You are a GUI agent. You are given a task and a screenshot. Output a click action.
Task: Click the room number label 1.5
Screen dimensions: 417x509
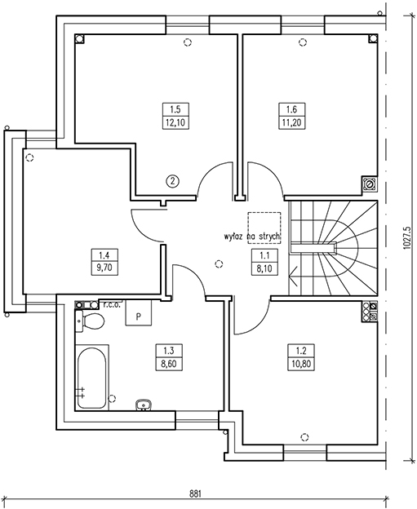pyautogui.click(x=175, y=109)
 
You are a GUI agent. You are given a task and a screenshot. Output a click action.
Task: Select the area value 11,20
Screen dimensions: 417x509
pyautogui.click(x=292, y=122)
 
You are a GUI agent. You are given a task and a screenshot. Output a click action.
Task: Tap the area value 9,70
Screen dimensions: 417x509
pyautogui.click(x=104, y=268)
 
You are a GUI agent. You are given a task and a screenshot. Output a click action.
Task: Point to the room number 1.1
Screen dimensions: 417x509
pyautogui.click(x=264, y=255)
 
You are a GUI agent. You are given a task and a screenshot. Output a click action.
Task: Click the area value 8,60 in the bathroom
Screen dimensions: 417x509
pyautogui.click(x=169, y=364)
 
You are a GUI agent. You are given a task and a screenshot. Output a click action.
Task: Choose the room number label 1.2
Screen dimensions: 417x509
pyautogui.click(x=301, y=351)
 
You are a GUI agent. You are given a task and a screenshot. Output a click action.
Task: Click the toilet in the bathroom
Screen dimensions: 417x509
pyautogui.click(x=90, y=321)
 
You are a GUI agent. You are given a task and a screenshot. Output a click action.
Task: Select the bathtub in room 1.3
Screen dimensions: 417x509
pyautogui.click(x=92, y=377)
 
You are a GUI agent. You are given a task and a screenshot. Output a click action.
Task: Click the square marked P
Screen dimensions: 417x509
pyautogui.click(x=139, y=313)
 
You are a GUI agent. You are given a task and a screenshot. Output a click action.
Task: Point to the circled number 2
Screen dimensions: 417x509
pyautogui.click(x=172, y=181)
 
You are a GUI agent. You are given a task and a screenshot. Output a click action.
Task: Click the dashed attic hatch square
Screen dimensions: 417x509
pyautogui.click(x=264, y=228)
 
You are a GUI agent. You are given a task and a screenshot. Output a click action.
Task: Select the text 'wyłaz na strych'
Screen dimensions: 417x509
pyautogui.click(x=251, y=237)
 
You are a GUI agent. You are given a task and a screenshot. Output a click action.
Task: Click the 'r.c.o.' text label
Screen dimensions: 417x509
pyautogui.click(x=113, y=305)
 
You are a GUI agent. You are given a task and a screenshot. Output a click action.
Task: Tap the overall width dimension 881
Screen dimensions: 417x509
pyautogui.click(x=196, y=494)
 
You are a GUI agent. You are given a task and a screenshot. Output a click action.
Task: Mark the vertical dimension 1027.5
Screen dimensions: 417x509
pyautogui.click(x=407, y=238)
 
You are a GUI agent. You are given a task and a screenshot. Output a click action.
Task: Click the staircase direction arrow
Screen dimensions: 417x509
pyautogui.click(x=293, y=277)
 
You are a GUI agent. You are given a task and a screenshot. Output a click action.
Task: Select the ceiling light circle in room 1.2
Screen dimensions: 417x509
pyautogui.click(x=304, y=437)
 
